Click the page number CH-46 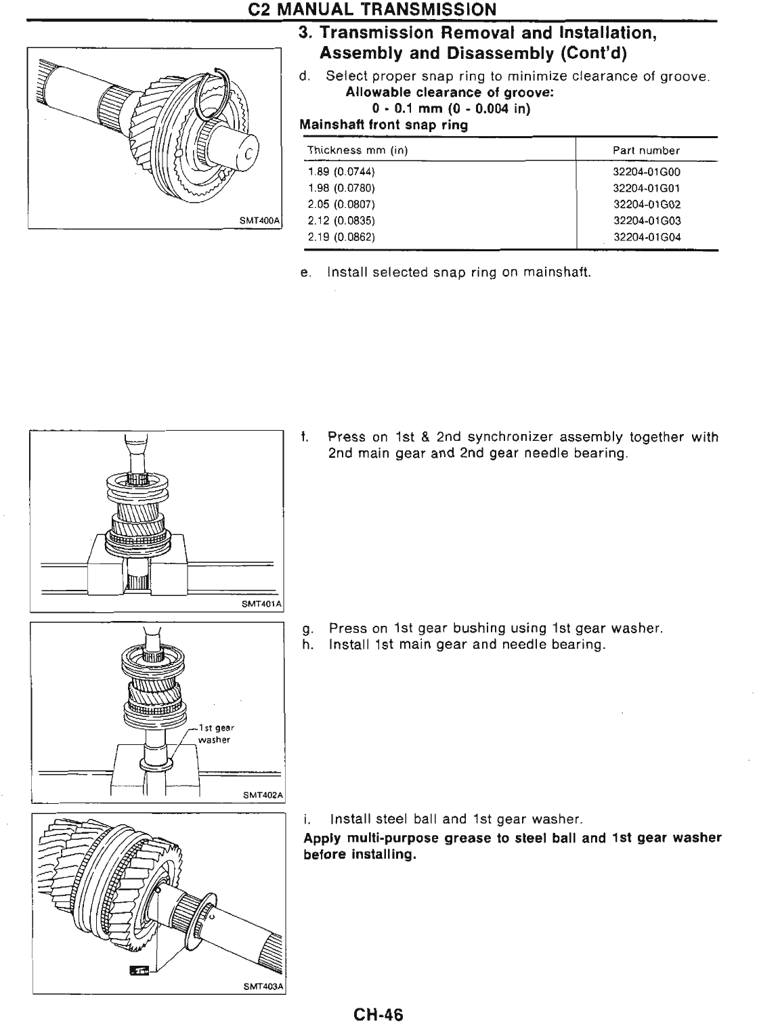tap(378, 1014)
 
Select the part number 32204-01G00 tap(646, 172)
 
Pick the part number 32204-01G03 tap(646, 221)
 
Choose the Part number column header tap(645, 150)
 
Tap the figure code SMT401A tap(261, 603)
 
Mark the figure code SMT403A tap(263, 987)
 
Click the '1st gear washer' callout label tap(215, 733)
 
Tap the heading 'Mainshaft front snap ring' tap(383, 125)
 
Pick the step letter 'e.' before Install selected tap(305, 273)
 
